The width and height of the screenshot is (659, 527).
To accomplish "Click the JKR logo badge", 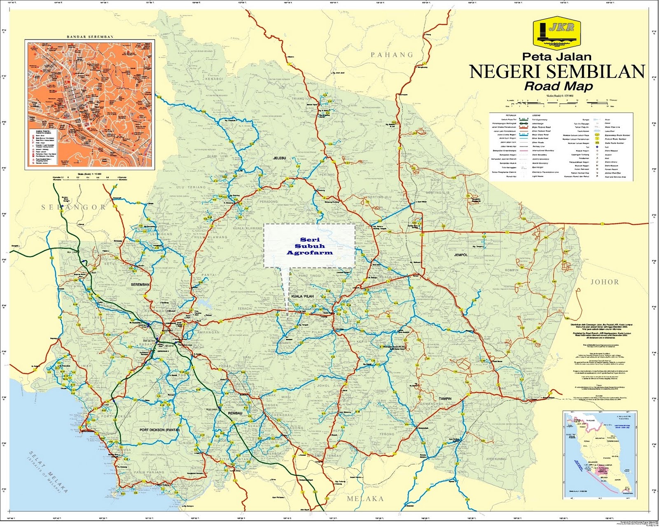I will click(556, 33).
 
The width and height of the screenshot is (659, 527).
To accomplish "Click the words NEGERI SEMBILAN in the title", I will click(557, 71).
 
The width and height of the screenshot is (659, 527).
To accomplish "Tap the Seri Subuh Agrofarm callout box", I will click(310, 246).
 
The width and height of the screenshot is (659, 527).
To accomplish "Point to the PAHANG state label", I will click(392, 54).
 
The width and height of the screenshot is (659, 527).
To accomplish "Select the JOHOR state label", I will click(605, 282).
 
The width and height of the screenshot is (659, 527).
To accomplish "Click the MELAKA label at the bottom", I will click(365, 499).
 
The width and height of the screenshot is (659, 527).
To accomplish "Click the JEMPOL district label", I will click(461, 255).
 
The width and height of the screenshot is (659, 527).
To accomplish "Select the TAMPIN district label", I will click(445, 399).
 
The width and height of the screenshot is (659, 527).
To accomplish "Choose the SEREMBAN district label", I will click(140, 285).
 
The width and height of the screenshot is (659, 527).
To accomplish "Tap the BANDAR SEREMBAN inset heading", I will click(90, 37).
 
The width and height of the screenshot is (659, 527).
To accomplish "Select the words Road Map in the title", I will click(558, 86).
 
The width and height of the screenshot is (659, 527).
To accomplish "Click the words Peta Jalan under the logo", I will click(557, 56).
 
